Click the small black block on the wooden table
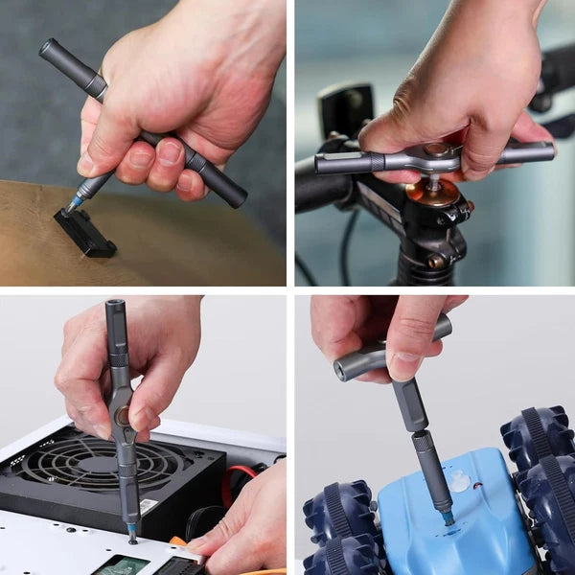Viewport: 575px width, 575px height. [x=85, y=232]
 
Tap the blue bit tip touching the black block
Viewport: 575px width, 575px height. [x=71, y=206]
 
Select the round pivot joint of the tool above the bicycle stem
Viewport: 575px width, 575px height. [x=437, y=153]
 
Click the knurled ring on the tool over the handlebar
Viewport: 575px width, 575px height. [x=377, y=162]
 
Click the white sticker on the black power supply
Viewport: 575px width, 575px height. [x=149, y=505]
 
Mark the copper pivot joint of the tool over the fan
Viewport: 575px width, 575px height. [x=123, y=417]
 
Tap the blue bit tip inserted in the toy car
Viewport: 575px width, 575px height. [x=448, y=517]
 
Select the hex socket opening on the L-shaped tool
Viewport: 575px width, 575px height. [x=342, y=367]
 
